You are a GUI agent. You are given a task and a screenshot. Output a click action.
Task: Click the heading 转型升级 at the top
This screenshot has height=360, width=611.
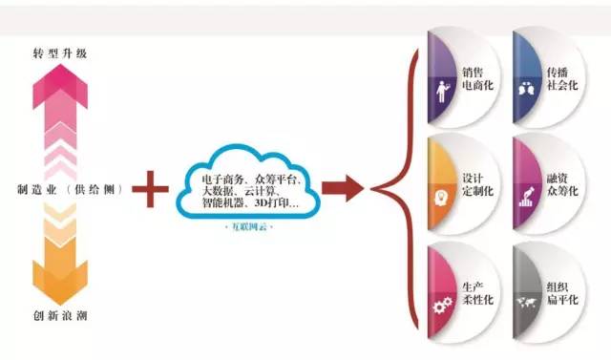coord(60,53)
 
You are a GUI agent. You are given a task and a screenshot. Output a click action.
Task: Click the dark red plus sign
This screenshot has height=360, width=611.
coord(154,189)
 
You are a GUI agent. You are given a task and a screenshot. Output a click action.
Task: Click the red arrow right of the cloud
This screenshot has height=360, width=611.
coord(342,187)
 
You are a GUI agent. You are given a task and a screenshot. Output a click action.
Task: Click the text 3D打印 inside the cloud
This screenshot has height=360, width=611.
coord(275,202)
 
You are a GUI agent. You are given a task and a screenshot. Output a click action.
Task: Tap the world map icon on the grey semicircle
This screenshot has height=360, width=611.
coord(525,305)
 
